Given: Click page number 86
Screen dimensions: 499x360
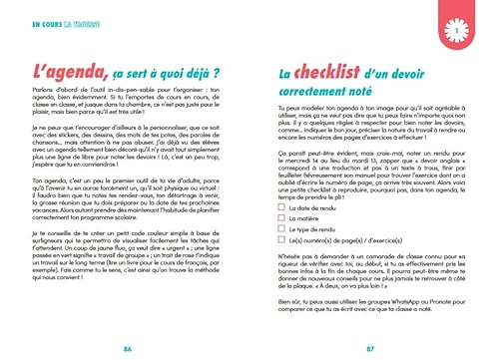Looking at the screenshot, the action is tap(127, 348).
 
